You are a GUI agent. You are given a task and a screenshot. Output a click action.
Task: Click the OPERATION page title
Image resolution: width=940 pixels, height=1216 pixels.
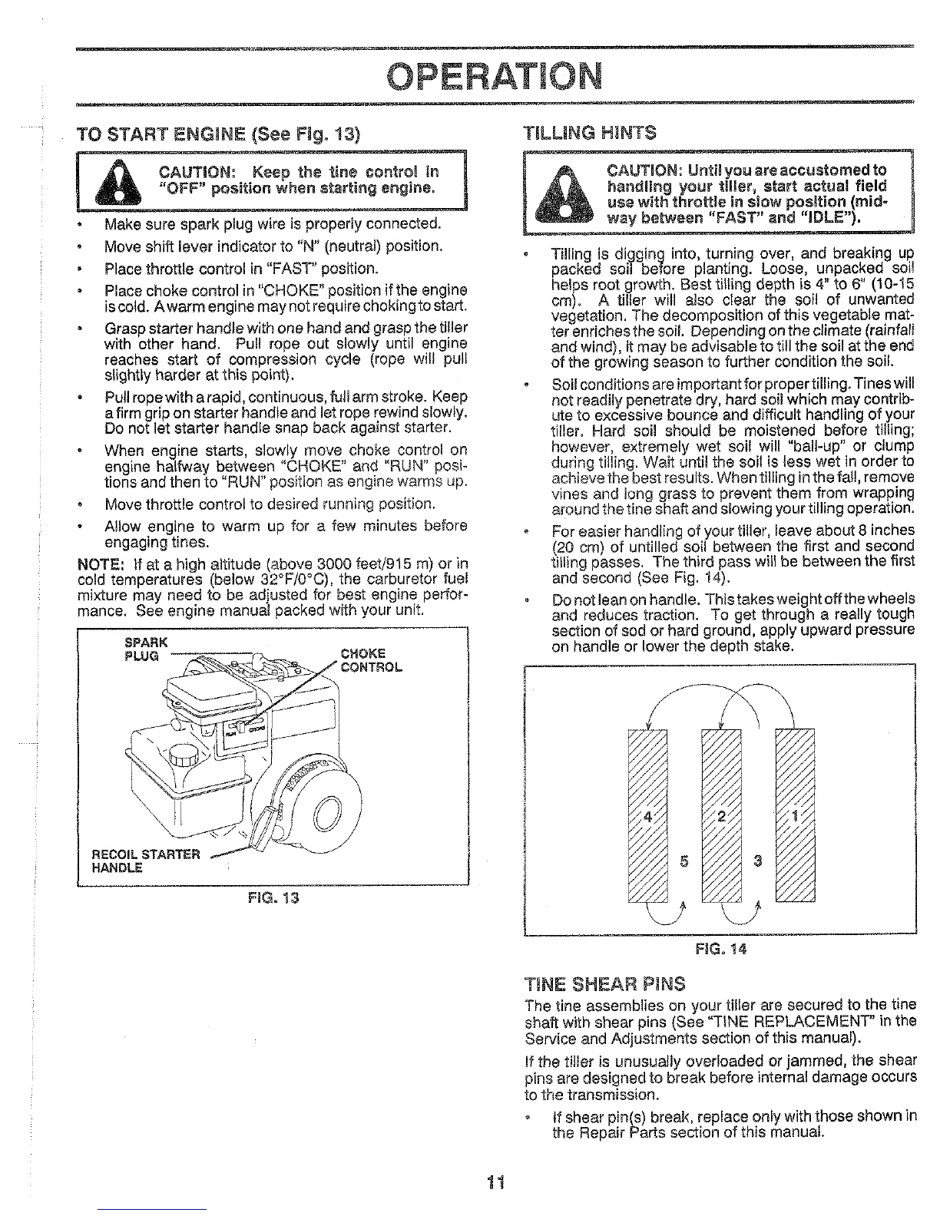(x=495, y=75)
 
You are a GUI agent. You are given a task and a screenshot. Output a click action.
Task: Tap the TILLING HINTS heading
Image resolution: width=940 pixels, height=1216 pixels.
(x=589, y=132)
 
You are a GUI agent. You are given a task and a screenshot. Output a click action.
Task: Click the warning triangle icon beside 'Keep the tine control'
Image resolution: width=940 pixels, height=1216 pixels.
(x=115, y=181)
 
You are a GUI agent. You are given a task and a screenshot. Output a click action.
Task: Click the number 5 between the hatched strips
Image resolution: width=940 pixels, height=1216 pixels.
(x=684, y=860)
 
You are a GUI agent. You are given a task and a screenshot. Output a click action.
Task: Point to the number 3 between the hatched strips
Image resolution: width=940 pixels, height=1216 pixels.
(x=757, y=860)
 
